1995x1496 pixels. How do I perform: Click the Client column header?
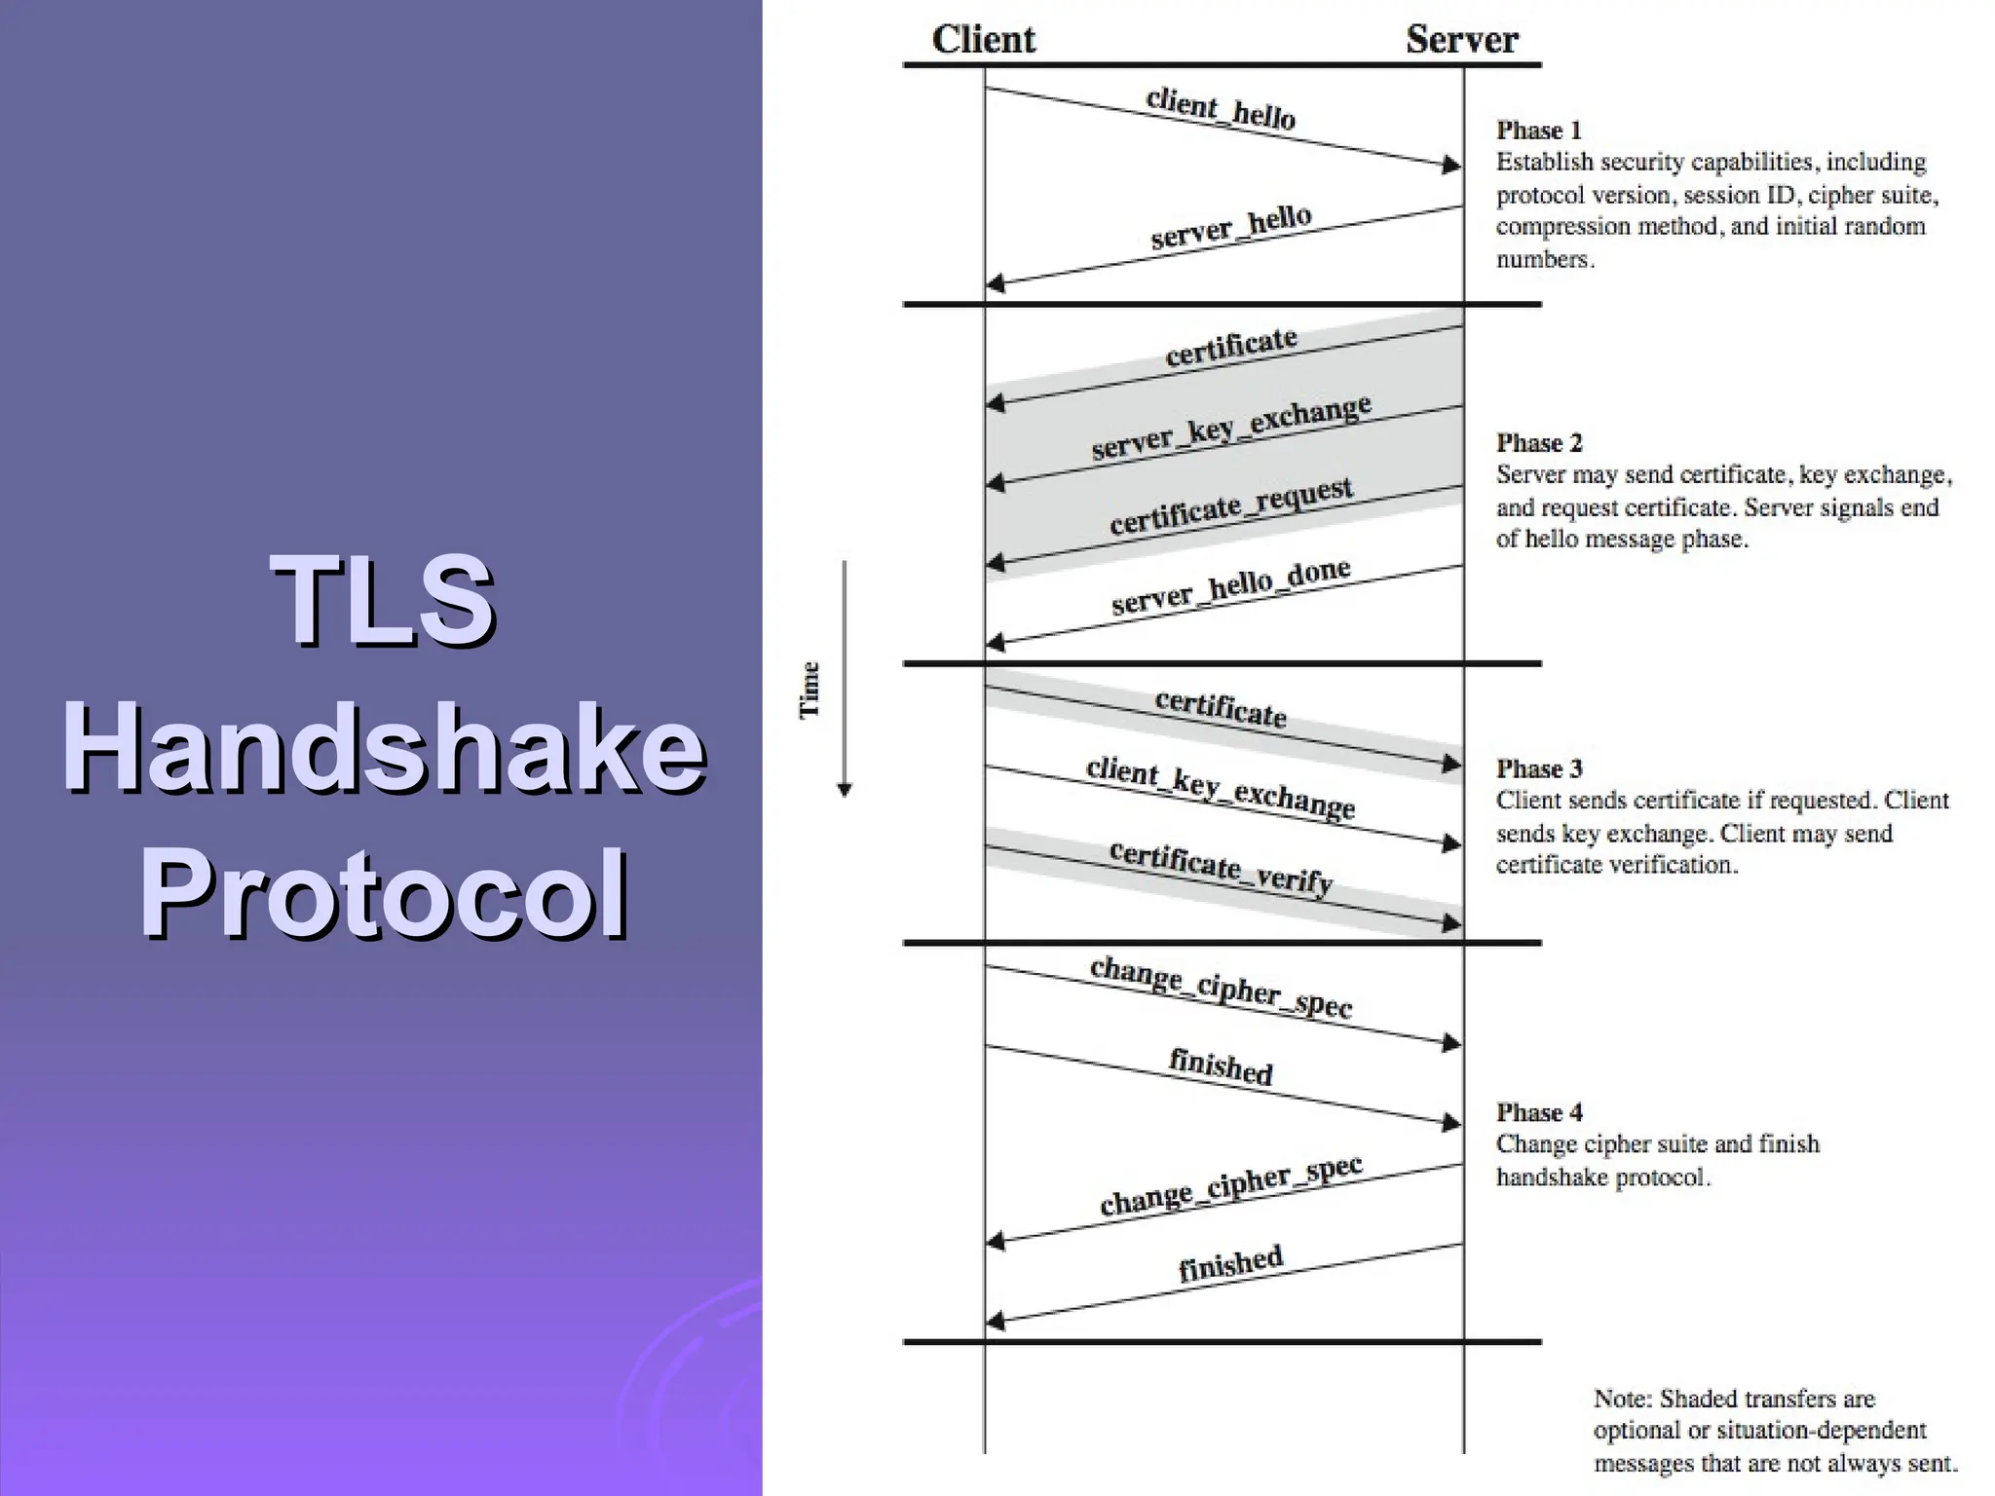pyautogui.click(x=983, y=40)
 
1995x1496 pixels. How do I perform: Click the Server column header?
pyautogui.click(x=1461, y=40)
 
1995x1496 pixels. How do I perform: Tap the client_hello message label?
pyautogui.click(x=1221, y=108)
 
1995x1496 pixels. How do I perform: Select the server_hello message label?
pyautogui.click(x=1231, y=227)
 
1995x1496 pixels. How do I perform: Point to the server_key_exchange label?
pyautogui.click(x=1231, y=428)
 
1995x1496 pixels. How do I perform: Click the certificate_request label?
pyautogui.click(x=1231, y=505)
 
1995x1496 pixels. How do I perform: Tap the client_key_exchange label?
pyautogui.click(x=1221, y=787)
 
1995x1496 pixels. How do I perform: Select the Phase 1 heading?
pyautogui.click(x=1538, y=131)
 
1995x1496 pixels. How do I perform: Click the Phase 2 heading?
pyautogui.click(x=1539, y=443)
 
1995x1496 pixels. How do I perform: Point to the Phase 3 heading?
pyautogui.click(x=1539, y=768)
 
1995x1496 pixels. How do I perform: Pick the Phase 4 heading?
pyautogui.click(x=1539, y=1112)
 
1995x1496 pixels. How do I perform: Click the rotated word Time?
pyautogui.click(x=810, y=690)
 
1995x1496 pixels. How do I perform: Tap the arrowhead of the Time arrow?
pyautogui.click(x=845, y=790)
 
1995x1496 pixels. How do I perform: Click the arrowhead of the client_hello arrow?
pyautogui.click(x=1452, y=166)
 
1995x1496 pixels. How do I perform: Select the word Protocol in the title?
pyautogui.click(x=383, y=894)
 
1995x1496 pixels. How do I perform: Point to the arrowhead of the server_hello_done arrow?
pyautogui.click(x=995, y=643)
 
